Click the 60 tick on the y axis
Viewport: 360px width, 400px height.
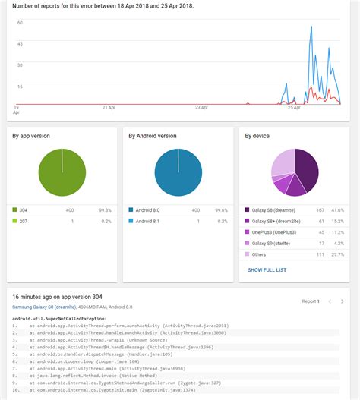pos(20,23)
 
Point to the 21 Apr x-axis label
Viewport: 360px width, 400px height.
pos(108,108)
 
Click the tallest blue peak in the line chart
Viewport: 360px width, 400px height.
pos(311,28)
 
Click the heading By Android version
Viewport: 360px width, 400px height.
pos(153,136)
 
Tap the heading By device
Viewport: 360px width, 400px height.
pos(257,136)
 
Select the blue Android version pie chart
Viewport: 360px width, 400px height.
pos(178,172)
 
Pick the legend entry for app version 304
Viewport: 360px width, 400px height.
pos(24,209)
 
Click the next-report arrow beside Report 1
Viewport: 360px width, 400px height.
pos(343,301)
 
